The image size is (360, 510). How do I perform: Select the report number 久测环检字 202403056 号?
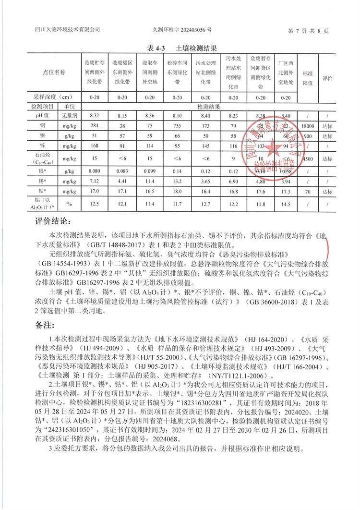tap(181, 29)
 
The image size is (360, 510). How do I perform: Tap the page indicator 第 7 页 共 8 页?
tap(308, 30)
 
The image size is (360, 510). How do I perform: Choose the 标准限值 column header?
tap(308, 78)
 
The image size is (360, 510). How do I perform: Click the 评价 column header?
tap(327, 78)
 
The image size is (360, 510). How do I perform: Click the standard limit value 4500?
tap(308, 158)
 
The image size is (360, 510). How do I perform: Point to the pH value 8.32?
tap(94, 116)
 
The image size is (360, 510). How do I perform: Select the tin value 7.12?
tap(94, 180)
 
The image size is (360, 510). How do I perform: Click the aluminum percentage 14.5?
tap(286, 204)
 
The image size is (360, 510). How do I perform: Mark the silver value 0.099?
tap(150, 170)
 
